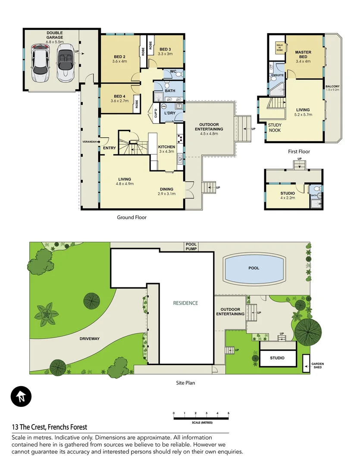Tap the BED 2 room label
click(x=119, y=57)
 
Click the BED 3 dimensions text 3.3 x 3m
click(x=165, y=54)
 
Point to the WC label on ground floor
click(x=173, y=71)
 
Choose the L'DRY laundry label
click(x=169, y=113)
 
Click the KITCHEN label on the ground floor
click(x=166, y=147)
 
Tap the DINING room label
click(x=166, y=189)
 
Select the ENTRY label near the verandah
click(x=110, y=148)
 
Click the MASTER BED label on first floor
click(x=303, y=55)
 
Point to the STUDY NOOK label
click(x=275, y=127)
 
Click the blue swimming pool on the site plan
click(x=254, y=268)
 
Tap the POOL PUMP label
click(x=191, y=246)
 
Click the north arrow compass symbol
click(x=21, y=397)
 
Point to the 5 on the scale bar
click(x=228, y=413)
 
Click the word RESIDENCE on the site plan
click(x=185, y=303)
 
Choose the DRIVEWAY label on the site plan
click(x=89, y=339)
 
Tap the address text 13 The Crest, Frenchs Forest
click(x=50, y=427)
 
